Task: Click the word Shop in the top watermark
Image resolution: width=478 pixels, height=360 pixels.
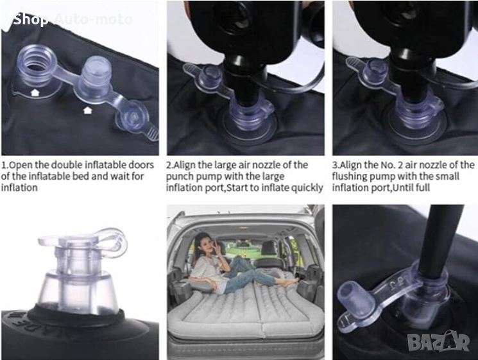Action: point(31,19)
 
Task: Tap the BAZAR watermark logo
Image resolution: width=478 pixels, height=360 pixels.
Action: point(438,341)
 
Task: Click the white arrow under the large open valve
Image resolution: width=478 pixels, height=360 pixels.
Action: point(35,92)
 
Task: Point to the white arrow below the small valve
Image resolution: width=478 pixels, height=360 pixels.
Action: point(88,110)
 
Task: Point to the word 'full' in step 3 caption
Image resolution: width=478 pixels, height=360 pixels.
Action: point(422,188)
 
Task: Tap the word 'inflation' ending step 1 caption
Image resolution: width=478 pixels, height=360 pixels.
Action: point(19,188)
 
